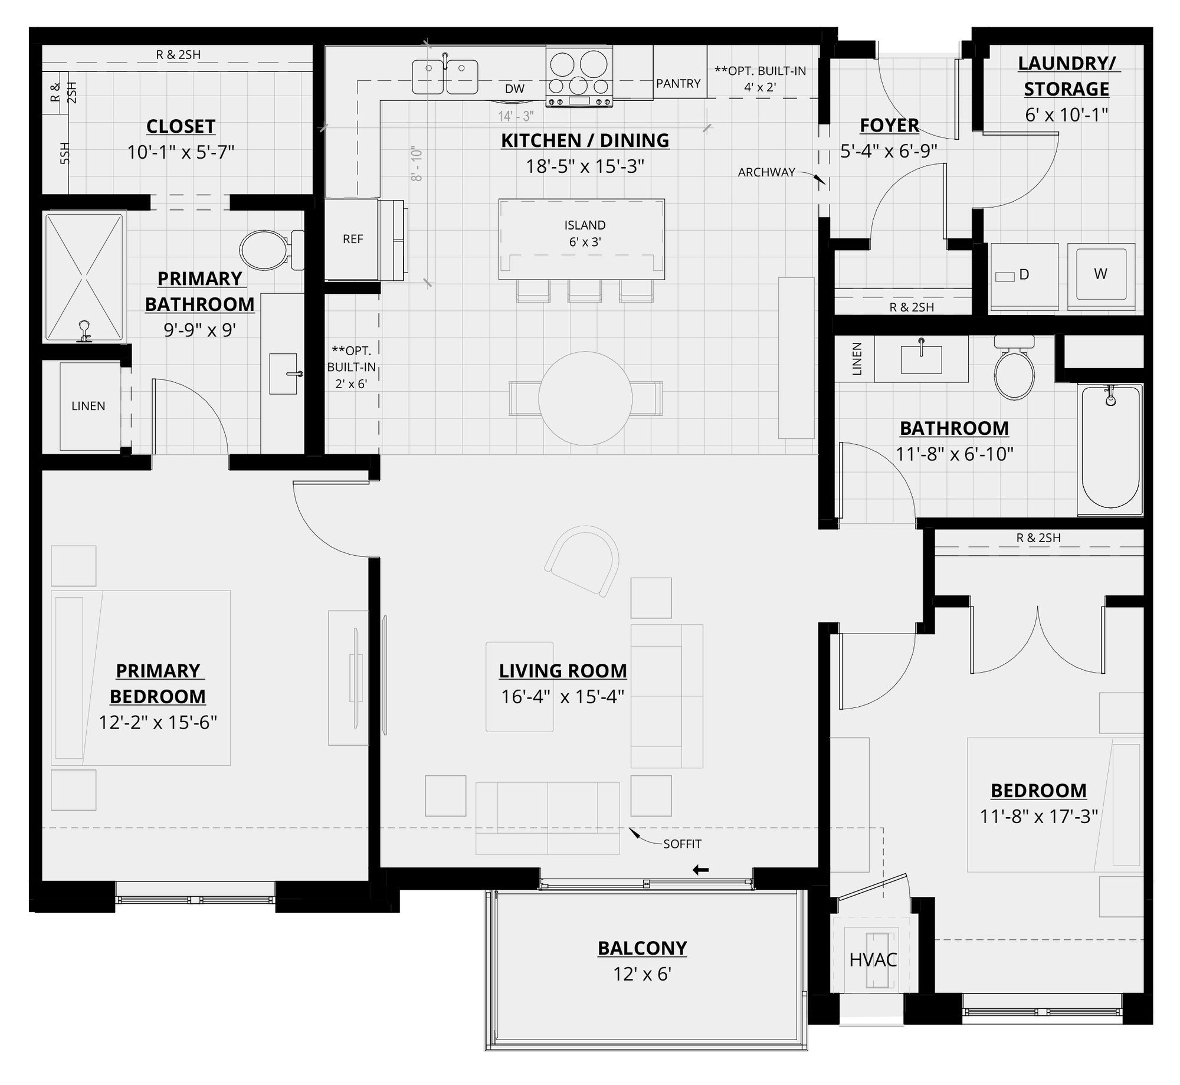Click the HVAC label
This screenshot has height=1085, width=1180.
tap(873, 960)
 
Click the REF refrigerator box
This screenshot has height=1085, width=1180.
tap(352, 239)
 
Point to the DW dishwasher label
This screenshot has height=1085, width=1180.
tap(514, 89)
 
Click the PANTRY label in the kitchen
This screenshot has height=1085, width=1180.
tap(678, 84)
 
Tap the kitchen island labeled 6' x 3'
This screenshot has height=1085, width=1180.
tap(582, 238)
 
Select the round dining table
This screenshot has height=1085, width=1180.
tap(585, 399)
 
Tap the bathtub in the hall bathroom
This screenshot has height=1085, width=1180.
tap(1110, 448)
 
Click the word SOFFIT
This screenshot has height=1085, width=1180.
tap(682, 844)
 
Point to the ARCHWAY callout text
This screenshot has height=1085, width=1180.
tap(766, 172)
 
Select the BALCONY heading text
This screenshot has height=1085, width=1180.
tap(642, 948)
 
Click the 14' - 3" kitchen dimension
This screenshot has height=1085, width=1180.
tap(516, 116)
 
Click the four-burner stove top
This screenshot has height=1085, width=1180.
tap(579, 77)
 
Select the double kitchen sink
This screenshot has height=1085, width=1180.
tap(445, 77)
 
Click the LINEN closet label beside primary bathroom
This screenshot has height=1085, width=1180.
tap(88, 406)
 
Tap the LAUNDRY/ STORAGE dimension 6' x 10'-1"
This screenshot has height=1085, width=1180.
tap(1066, 114)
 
